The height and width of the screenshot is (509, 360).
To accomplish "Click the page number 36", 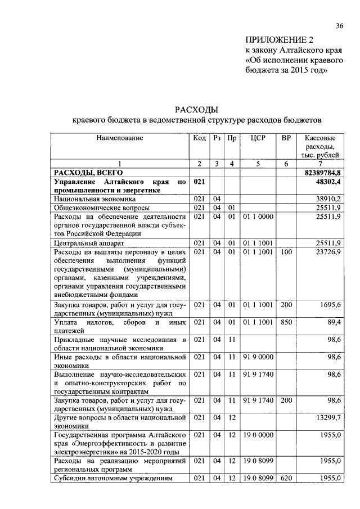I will coord(339,26).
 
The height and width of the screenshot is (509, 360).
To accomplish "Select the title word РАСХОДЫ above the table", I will coord(196,109).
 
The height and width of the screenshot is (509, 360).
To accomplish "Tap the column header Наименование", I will coord(119,138).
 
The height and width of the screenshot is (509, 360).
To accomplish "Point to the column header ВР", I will coord(286,138).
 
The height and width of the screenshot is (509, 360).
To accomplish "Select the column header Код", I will coord(200,138).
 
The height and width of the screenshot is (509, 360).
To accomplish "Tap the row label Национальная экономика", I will coord(94,199).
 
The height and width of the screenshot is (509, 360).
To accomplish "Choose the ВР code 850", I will coord(286,322).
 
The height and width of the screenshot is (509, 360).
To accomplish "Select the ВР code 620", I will coord(286,478).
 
